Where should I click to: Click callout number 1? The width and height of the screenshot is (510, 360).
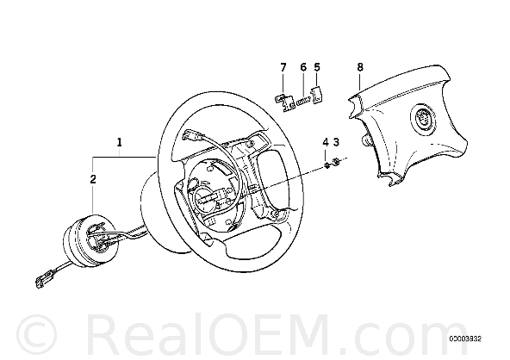click(x=120, y=142)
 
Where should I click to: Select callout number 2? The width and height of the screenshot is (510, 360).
click(x=93, y=179)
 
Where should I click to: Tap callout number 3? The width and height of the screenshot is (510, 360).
click(x=336, y=142)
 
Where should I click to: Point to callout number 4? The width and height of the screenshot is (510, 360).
click(x=326, y=142)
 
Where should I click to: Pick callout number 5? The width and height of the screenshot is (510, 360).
click(x=317, y=67)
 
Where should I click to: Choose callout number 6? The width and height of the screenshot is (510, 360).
click(x=303, y=67)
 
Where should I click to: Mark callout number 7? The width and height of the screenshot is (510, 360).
click(x=283, y=67)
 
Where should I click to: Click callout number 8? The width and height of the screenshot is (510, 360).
click(x=360, y=67)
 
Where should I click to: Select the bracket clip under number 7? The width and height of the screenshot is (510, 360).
click(x=284, y=102)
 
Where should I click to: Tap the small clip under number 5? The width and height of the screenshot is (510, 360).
click(x=317, y=96)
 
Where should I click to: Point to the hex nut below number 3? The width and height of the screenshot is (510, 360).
click(x=336, y=161)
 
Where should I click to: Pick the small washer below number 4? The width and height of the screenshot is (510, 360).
click(x=327, y=164)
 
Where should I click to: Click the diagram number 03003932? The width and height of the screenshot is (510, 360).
click(x=465, y=339)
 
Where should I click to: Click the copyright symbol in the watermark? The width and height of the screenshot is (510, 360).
click(x=37, y=335)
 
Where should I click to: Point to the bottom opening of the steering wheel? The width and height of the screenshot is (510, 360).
click(x=252, y=241)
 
